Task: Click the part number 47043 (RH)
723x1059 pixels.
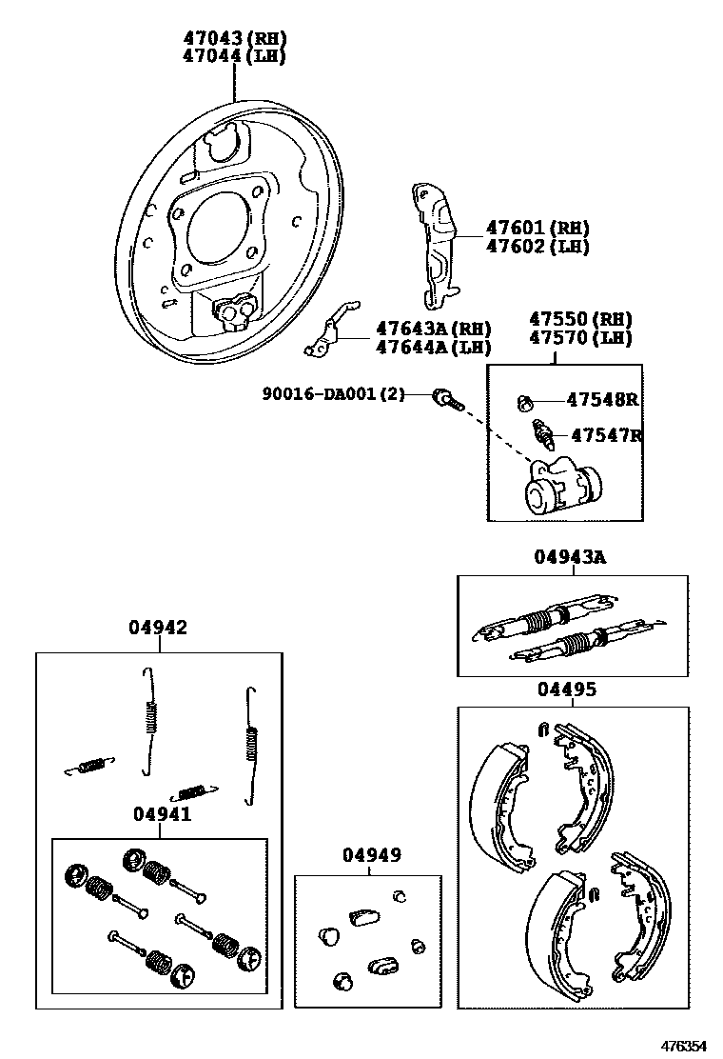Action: [x=234, y=38]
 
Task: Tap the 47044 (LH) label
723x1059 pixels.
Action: [x=234, y=56]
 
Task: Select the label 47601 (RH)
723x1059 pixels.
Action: [x=537, y=229]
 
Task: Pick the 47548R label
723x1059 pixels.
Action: [x=602, y=400]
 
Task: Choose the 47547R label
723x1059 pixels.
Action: [x=602, y=435]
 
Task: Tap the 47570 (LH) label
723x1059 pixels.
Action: [x=580, y=337]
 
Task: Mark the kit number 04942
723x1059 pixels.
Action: [x=158, y=628]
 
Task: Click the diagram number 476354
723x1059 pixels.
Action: [x=685, y=1045]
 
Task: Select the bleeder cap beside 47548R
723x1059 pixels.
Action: [x=523, y=401]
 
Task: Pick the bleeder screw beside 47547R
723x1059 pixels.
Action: [x=546, y=434]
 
